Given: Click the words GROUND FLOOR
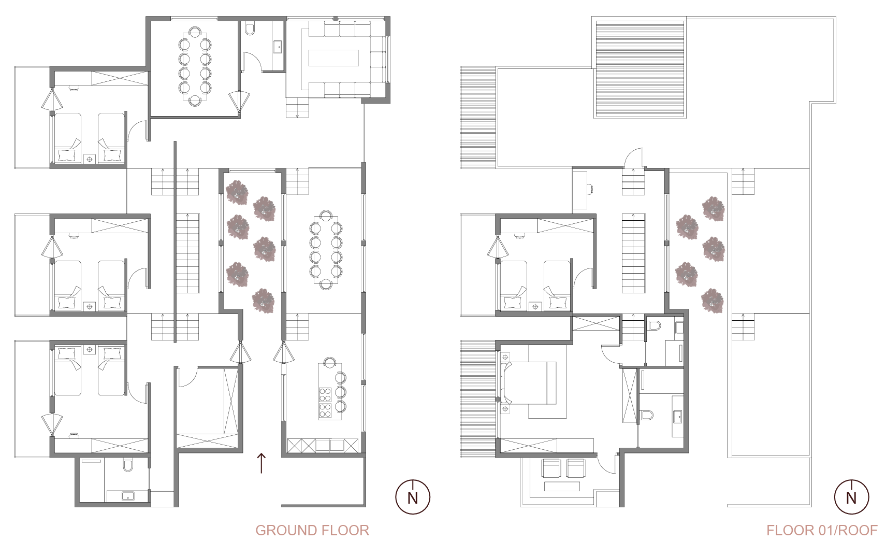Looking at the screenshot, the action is (312, 530).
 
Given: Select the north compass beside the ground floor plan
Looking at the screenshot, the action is (413, 496).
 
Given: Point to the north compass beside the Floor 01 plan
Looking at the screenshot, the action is (852, 496).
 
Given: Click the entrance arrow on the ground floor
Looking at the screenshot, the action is (261, 463).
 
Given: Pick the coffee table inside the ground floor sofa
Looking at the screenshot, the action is (333, 58).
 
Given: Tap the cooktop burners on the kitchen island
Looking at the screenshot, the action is (325, 402).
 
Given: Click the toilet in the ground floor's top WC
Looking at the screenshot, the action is (250, 29).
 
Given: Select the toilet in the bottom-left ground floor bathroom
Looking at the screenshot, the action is (128, 465).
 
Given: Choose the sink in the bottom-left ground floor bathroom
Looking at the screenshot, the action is (127, 495).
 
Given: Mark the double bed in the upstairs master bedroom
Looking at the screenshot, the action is (528, 383).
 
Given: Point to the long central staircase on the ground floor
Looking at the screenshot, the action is (187, 253).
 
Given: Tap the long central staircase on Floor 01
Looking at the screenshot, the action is (633, 253).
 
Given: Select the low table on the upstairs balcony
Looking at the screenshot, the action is (562, 486).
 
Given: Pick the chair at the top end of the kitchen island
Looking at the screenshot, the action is (329, 362).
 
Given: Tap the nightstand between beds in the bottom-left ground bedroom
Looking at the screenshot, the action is (90, 349).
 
